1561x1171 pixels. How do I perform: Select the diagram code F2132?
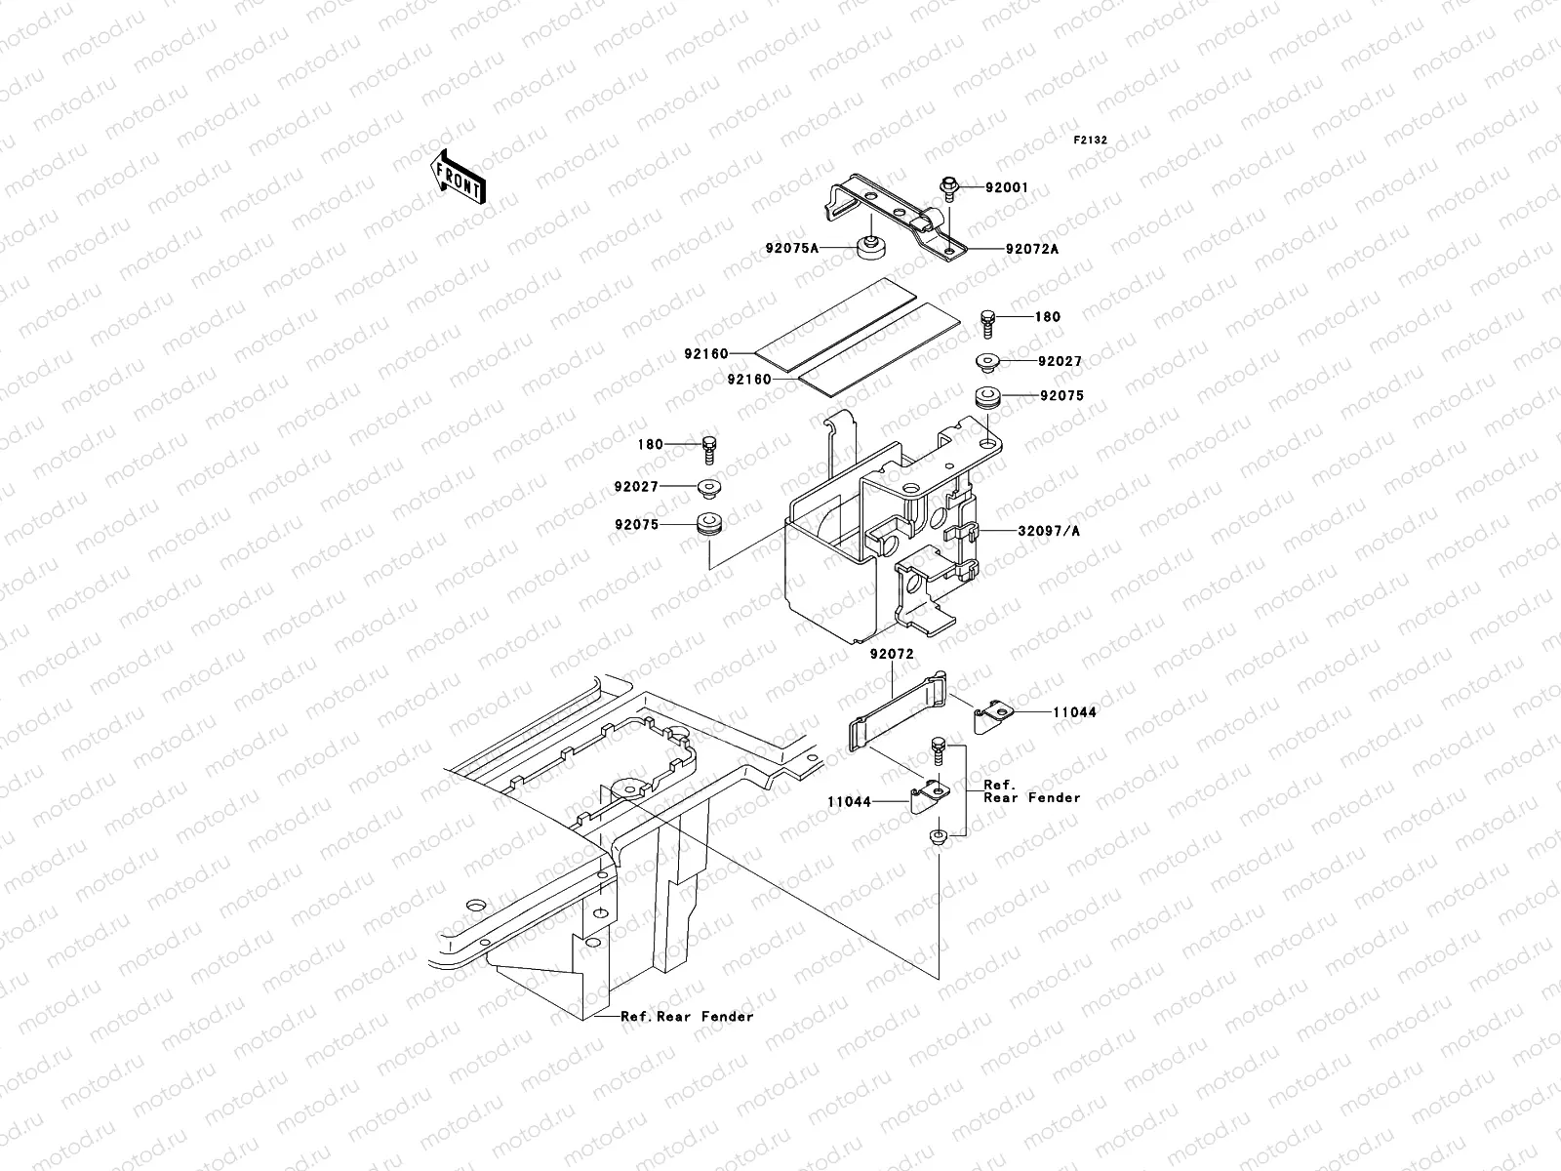pos(1091,141)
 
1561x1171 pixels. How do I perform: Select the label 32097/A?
pos(1050,532)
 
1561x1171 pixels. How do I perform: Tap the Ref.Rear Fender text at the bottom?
pos(687,1017)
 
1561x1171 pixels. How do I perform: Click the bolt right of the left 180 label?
pos(708,449)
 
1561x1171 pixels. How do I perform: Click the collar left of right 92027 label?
pos(988,363)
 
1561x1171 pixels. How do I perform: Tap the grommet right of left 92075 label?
pos(708,525)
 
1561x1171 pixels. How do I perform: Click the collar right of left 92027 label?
pos(708,488)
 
